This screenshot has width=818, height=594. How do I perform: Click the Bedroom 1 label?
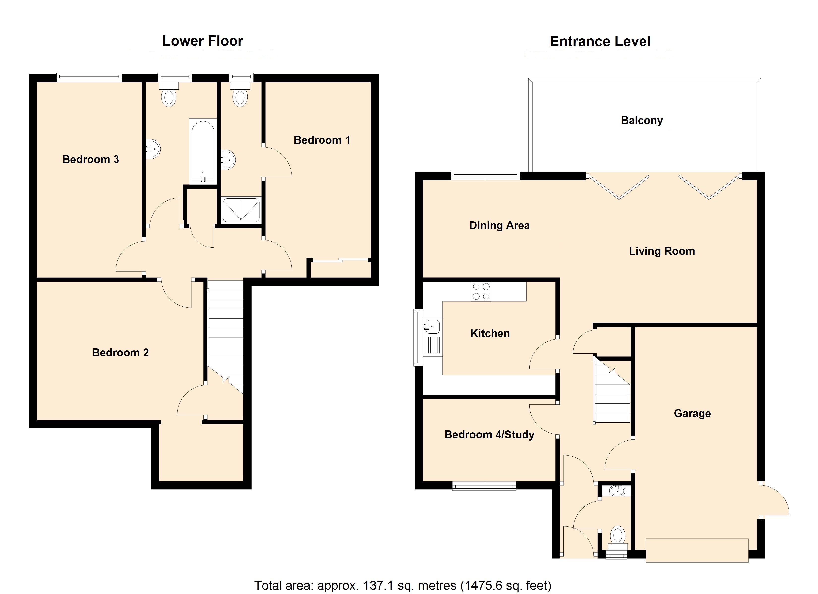322,140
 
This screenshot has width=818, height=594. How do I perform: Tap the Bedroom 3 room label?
90,159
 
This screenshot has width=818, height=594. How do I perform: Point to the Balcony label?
642,120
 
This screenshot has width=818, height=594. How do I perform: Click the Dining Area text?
499,225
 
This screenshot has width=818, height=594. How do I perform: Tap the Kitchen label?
490,333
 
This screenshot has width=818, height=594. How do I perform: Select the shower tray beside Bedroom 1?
241,210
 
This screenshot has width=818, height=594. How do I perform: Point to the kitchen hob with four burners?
481,291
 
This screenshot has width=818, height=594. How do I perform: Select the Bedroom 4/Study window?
484,487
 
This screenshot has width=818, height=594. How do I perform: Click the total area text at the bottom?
403,585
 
